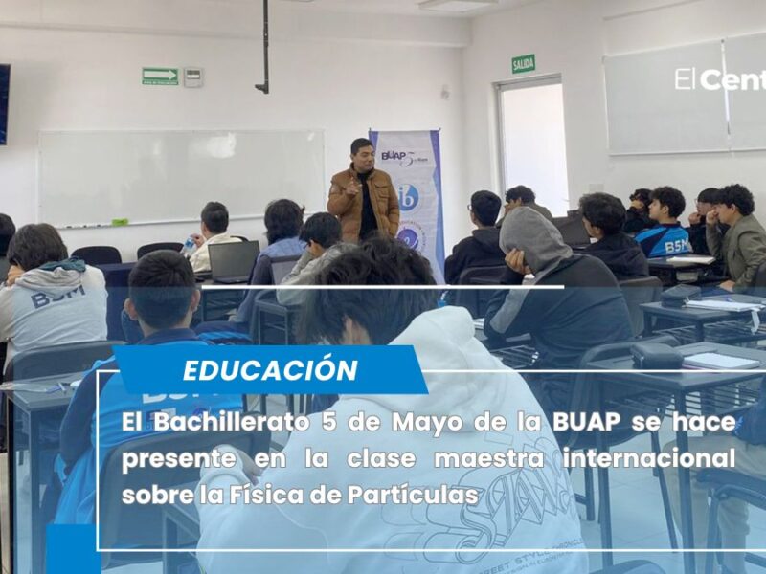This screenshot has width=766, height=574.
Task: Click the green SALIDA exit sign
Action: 524,64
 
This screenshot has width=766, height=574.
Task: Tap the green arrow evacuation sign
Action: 160,77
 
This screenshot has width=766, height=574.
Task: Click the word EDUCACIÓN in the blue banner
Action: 270,370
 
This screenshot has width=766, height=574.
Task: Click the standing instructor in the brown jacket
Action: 363,191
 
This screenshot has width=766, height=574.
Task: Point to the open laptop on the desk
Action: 234,261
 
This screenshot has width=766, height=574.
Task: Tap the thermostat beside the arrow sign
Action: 192,77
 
